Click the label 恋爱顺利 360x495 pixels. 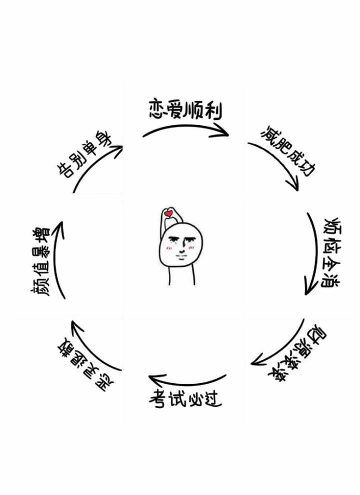[x=185, y=109]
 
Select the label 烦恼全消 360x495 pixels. [x=330, y=253]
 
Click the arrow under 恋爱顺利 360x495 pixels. [x=185, y=128]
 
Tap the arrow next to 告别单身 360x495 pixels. [x=95, y=165]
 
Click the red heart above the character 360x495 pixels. [x=168, y=214]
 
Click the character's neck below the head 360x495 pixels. [x=181, y=275]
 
